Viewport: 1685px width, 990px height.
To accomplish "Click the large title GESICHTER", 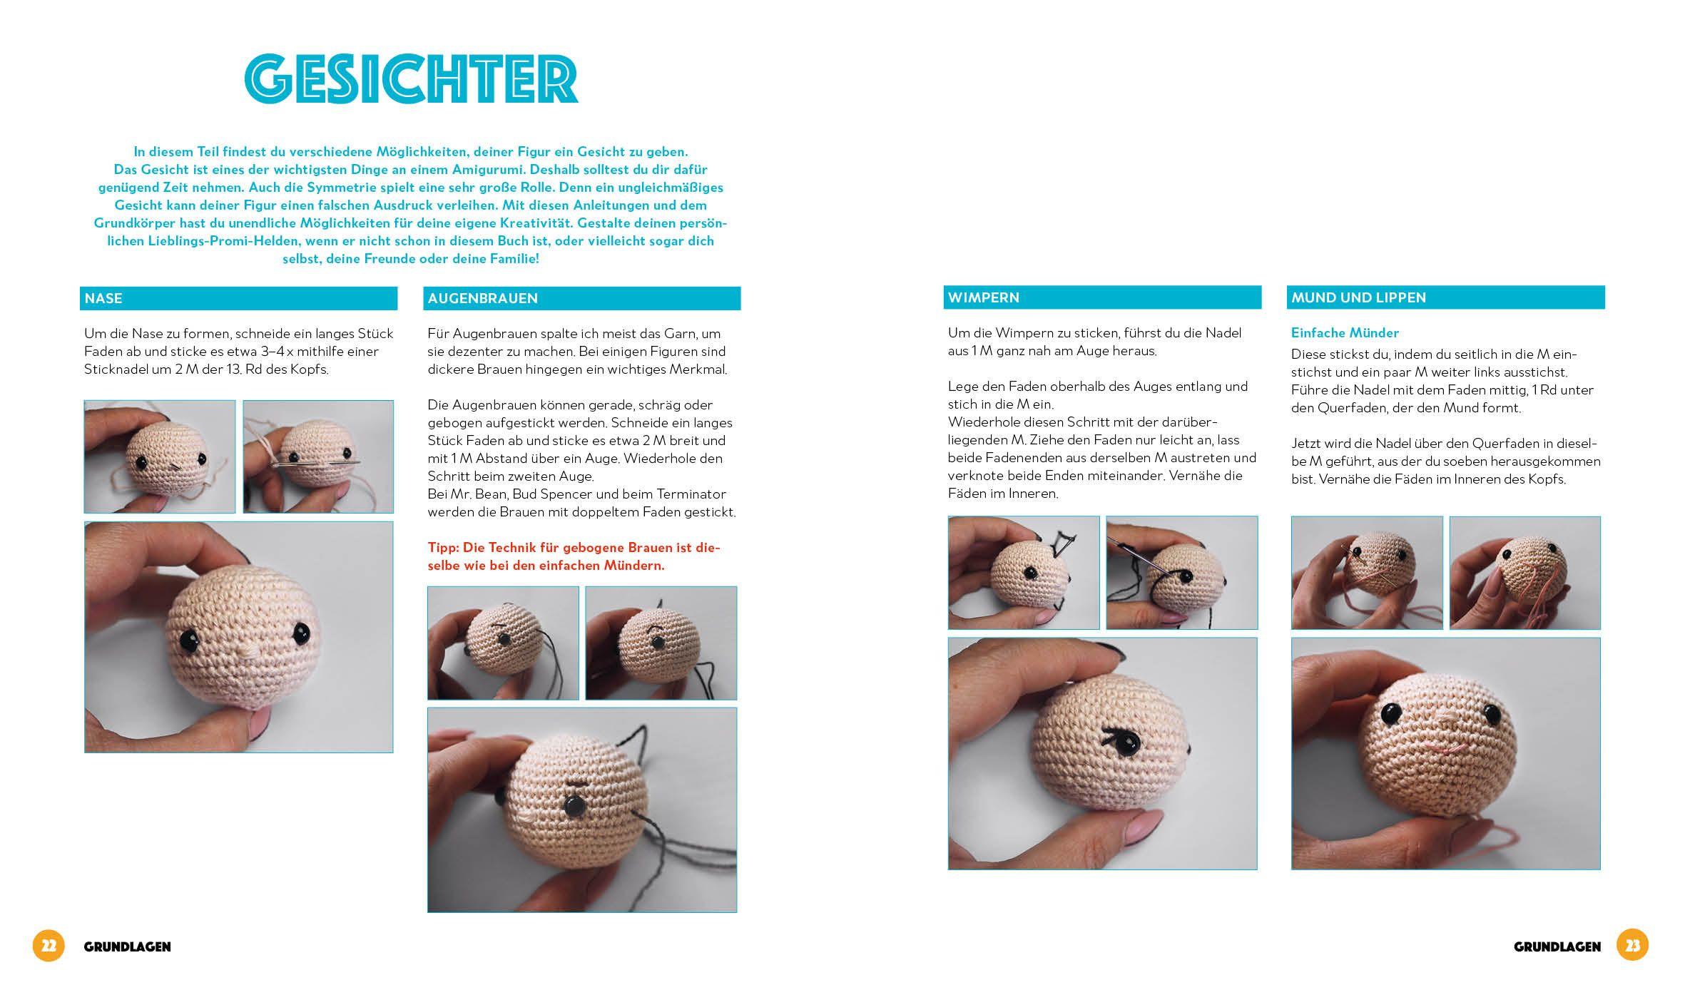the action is [x=411, y=80].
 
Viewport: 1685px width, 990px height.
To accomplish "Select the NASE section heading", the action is [x=103, y=298].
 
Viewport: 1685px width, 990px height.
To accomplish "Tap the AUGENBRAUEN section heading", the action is [x=483, y=298].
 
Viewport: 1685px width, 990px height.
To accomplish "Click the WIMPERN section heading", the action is [x=984, y=297].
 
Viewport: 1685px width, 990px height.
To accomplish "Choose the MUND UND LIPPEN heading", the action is [x=1358, y=297].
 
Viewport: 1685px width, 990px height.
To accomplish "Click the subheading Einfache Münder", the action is [x=1345, y=333].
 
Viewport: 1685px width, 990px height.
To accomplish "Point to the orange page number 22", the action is [x=49, y=946].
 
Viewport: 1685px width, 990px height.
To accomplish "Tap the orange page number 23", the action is [x=1633, y=946].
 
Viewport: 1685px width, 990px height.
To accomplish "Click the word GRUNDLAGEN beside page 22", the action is [x=128, y=947].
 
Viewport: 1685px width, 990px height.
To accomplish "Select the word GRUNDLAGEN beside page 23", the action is [x=1557, y=947].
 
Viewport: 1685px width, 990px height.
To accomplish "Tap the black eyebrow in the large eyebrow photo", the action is [x=576, y=787].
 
